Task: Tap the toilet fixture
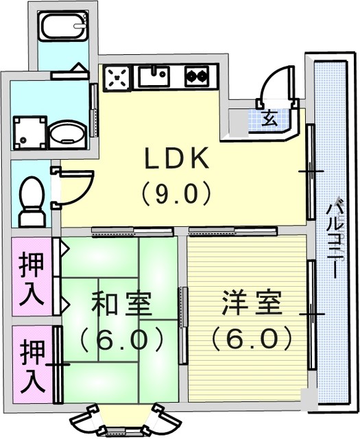click(x=32, y=201)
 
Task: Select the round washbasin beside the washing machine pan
click(x=68, y=134)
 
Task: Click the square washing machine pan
click(x=30, y=132)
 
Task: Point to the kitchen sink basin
click(x=154, y=76)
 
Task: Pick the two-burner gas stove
click(x=197, y=76)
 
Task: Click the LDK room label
click(x=177, y=158)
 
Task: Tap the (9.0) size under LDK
click(x=176, y=192)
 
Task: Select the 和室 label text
click(x=122, y=303)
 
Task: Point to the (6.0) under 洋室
click(x=252, y=338)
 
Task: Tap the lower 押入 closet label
click(x=32, y=366)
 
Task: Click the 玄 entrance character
click(x=270, y=118)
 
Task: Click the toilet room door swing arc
click(x=83, y=193)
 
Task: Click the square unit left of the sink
click(x=117, y=78)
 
